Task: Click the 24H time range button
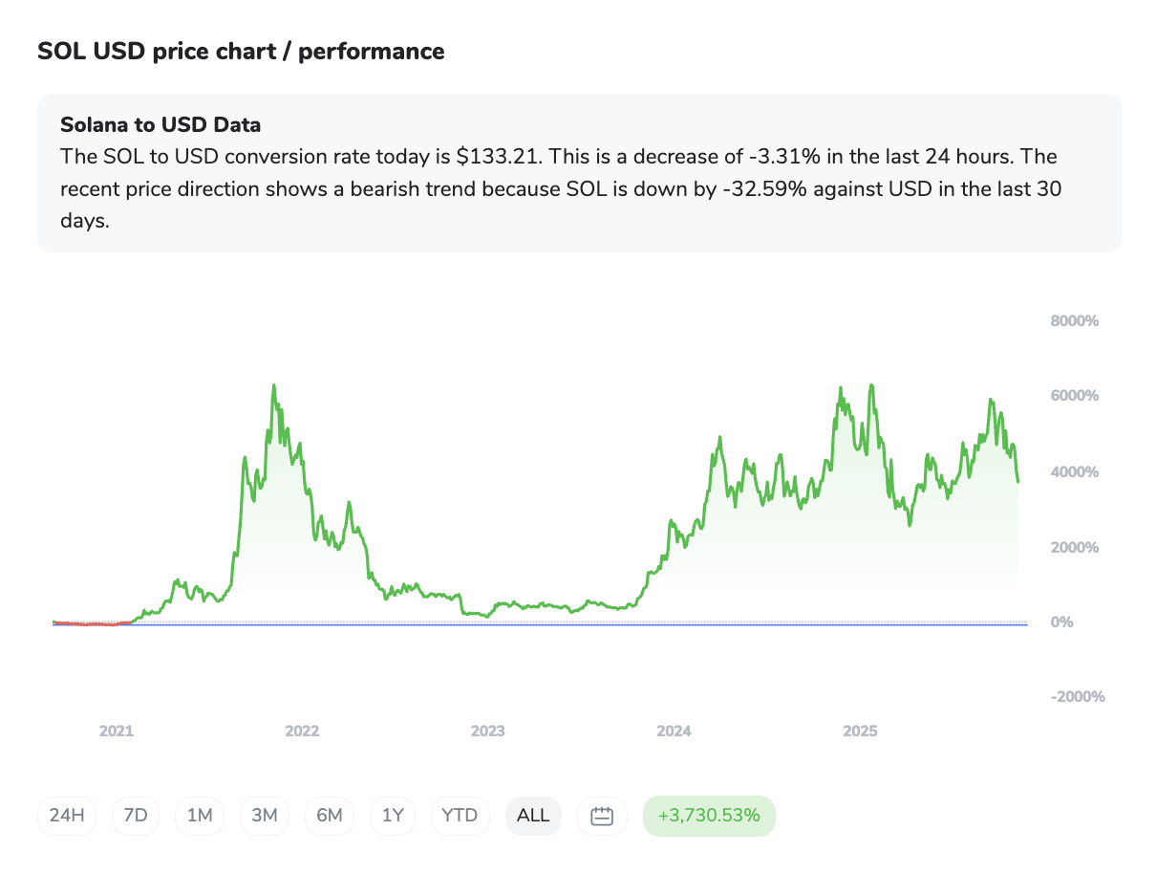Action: pos(67,816)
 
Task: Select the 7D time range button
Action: pos(136,816)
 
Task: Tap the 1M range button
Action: pos(200,816)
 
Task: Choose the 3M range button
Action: pos(265,816)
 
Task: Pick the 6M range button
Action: pos(330,816)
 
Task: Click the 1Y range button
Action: pos(393,816)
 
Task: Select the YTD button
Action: pos(460,816)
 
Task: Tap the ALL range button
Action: pos(533,816)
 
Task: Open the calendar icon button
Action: pos(602,816)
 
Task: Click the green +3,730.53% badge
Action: pos(709,816)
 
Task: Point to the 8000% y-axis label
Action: pos(1075,321)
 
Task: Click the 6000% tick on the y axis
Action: pos(1075,396)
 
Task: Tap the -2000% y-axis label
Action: pos(1078,697)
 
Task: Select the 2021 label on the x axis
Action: pos(117,732)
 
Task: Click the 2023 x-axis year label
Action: pos(487,732)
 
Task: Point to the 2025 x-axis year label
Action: pos(860,732)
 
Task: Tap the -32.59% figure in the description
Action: pos(764,189)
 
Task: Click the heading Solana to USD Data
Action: pos(161,124)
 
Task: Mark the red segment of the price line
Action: pos(91,623)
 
